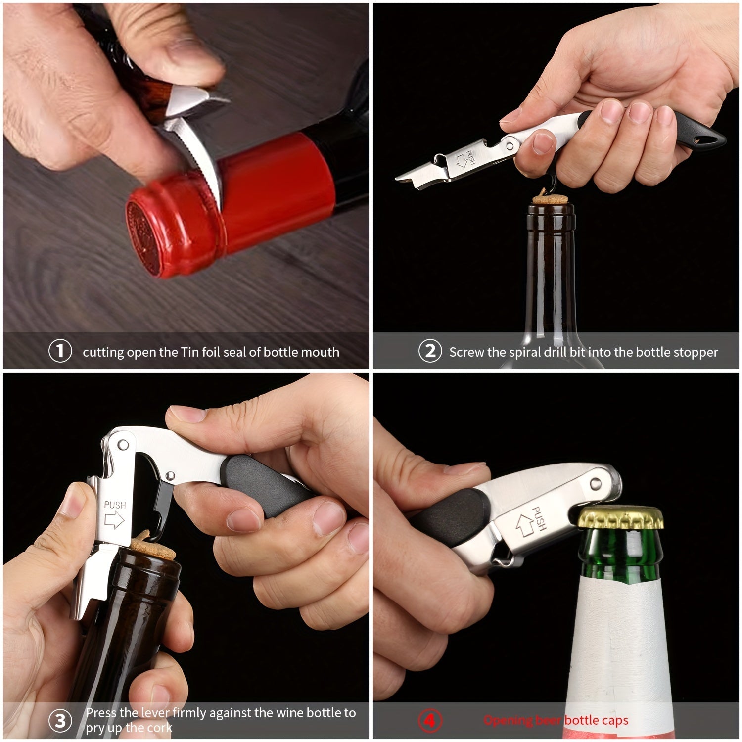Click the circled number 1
click(x=60, y=351)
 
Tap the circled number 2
click(x=430, y=351)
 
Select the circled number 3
click(x=60, y=720)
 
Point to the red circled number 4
click(x=430, y=720)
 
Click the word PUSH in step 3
click(x=115, y=505)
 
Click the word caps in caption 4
click(x=614, y=720)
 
